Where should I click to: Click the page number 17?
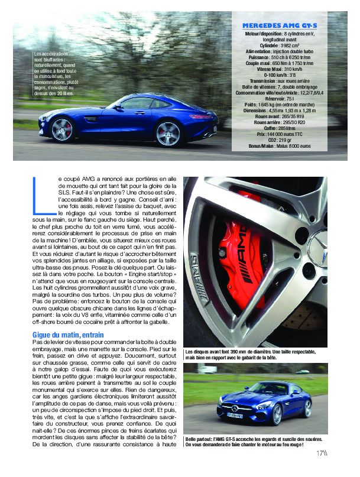coord(320,453)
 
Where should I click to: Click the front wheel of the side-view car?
coord(63,129)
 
